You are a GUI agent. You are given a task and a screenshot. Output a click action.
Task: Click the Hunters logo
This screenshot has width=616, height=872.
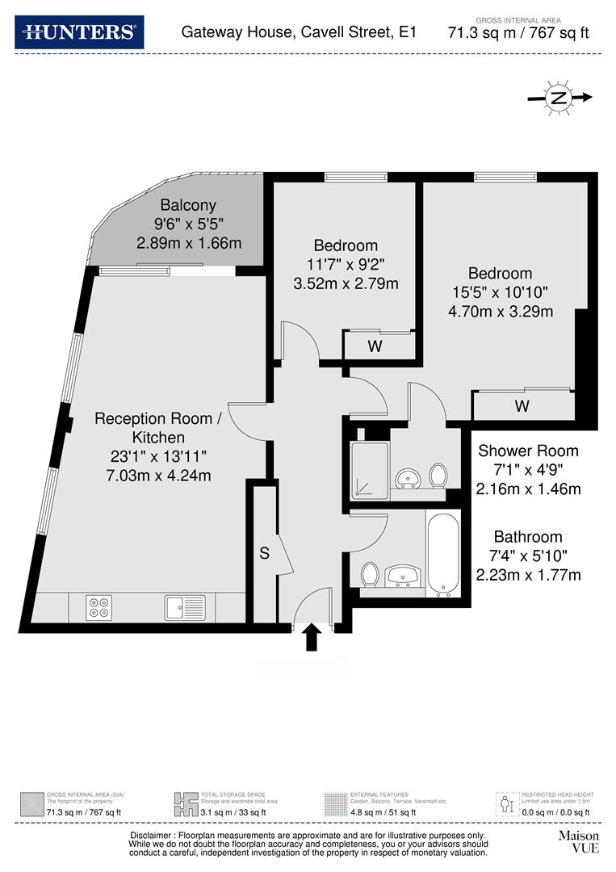pyautogui.click(x=79, y=32)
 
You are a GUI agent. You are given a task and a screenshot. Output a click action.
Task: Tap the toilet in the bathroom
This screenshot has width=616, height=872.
pyautogui.click(x=370, y=574)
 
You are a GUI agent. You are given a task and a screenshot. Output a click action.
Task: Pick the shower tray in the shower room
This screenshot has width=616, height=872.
pyautogui.click(x=369, y=471)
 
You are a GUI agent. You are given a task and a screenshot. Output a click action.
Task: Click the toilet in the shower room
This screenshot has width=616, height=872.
pyautogui.click(x=438, y=476)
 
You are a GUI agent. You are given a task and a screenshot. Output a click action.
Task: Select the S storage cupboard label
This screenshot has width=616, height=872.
pyautogui.click(x=264, y=554)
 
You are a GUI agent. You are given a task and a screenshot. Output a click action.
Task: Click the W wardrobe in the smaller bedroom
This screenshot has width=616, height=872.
pyautogui.click(x=375, y=346)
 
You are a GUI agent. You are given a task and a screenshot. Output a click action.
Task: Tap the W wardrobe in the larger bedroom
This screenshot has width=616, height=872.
pyautogui.click(x=522, y=406)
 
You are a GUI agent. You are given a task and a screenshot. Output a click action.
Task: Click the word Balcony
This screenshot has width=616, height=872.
pyautogui.click(x=188, y=205)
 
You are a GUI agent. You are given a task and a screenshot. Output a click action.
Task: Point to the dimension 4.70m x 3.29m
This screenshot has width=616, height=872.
pyautogui.click(x=501, y=311)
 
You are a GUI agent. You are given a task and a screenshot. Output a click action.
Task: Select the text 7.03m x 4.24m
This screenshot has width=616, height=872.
pyautogui.click(x=158, y=476)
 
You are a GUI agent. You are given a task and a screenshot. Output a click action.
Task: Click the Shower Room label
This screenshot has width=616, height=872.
pyautogui.click(x=528, y=451)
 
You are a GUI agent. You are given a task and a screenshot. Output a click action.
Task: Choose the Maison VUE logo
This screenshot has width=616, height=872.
pyautogui.click(x=579, y=841)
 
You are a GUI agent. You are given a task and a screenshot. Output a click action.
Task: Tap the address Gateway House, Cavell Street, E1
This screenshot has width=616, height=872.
pyautogui.click(x=299, y=32)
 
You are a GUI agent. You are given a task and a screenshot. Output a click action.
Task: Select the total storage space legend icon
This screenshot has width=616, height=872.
pyautogui.click(x=185, y=804)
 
